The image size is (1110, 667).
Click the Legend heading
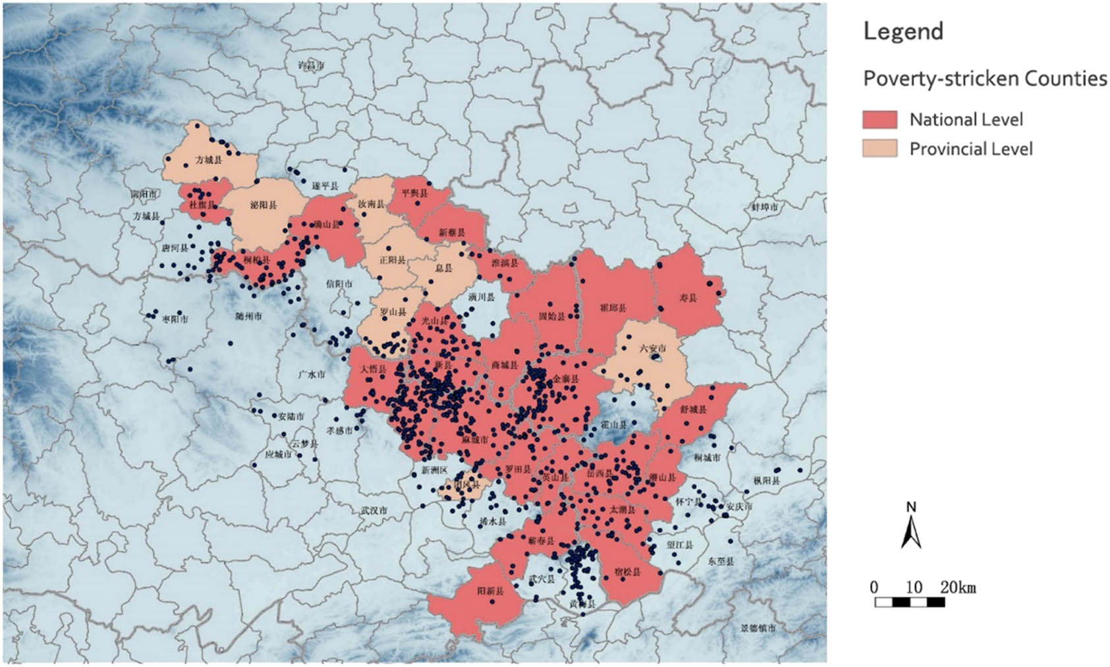903,31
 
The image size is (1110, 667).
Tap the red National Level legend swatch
879,119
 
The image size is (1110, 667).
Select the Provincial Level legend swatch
879,148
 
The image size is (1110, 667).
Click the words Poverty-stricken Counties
985,78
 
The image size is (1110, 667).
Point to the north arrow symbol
911,527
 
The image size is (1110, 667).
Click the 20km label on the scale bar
958,587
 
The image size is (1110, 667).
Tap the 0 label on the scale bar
874,587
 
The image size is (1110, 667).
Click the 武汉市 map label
374,510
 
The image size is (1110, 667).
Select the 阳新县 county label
490,591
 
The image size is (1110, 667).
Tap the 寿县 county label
688,298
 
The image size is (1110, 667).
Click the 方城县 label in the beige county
209,160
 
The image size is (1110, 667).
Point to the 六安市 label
653,348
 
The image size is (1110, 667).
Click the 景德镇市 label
758,629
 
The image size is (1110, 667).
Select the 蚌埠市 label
765,207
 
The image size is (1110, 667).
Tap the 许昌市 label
311,66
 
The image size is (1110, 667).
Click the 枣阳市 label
175,319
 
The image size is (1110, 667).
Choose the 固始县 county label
552,316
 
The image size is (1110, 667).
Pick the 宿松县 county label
626,572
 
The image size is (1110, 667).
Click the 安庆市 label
738,507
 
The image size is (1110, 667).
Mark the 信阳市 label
339,284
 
